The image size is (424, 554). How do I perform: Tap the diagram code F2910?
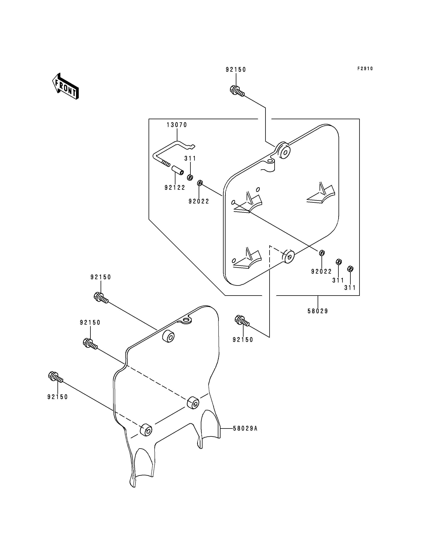coord(365,69)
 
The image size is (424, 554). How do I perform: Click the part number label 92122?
coord(175,188)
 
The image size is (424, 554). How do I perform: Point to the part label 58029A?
coord(245,428)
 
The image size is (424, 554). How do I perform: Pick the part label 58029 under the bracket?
coord(318,311)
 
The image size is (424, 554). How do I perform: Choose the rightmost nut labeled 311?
coord(350,269)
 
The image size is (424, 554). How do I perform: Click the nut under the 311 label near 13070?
coord(190,177)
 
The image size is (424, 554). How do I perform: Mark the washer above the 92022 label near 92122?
coord(199,183)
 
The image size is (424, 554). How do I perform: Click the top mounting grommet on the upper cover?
coord(284,151)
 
